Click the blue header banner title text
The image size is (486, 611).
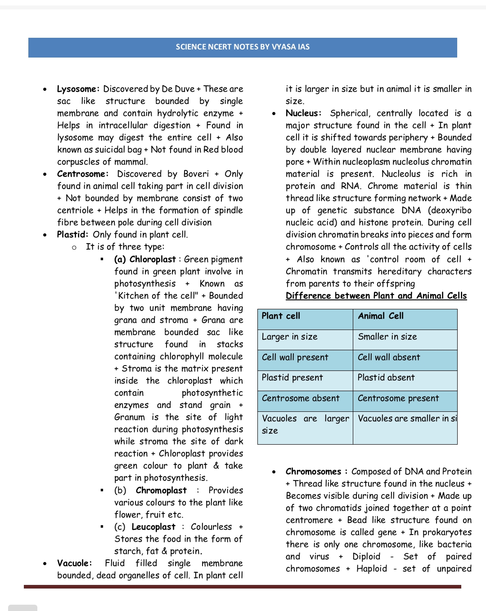(243, 47)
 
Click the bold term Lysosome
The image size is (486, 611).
(77, 89)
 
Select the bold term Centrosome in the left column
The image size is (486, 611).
(82, 174)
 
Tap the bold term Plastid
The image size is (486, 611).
(72, 235)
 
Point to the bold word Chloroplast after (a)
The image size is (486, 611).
(153, 259)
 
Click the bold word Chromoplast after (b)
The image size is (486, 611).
(161, 491)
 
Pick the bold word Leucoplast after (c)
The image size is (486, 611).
(153, 527)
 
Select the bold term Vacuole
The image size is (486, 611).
(74, 563)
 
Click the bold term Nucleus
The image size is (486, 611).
(303, 113)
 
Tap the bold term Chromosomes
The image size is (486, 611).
(313, 472)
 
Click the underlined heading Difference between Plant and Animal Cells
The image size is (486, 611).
(376, 296)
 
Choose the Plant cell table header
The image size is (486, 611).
(281, 316)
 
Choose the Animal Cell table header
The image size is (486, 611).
(381, 316)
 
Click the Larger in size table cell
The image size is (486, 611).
(289, 337)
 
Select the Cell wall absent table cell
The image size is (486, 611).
(389, 357)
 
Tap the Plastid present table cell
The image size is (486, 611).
(292, 378)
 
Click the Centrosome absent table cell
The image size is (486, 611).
(301, 398)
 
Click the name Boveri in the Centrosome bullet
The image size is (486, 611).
(196, 174)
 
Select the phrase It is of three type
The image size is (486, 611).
(125, 247)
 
